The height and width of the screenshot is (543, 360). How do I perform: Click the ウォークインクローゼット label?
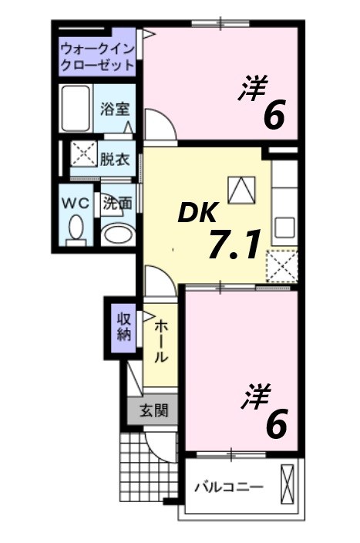coord(96,56)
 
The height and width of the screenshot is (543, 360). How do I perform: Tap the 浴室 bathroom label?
coord(113,110)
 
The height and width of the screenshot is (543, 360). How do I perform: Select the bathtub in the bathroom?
coord(76,108)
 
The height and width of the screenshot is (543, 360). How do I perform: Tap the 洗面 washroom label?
coord(117,204)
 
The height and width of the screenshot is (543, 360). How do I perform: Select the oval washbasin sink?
coord(117,233)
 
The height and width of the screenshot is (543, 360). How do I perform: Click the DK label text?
coord(199,211)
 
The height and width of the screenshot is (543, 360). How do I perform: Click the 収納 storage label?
coord(123,326)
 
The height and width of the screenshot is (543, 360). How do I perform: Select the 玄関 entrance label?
coord(153,410)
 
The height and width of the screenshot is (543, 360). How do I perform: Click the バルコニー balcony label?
coord(228,487)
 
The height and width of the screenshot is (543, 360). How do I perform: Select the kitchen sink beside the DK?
coord(285,228)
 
